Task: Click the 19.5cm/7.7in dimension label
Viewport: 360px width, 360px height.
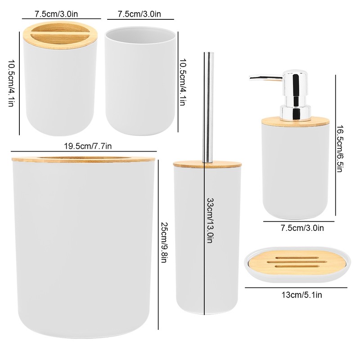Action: tap(88, 146)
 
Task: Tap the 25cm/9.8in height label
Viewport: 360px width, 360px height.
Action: tap(164, 242)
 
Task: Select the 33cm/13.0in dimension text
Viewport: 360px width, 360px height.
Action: tap(210, 220)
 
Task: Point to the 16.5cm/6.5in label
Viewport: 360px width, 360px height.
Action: tap(340, 148)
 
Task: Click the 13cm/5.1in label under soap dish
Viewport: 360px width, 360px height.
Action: tap(301, 295)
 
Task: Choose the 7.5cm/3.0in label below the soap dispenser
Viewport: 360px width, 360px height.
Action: tap(302, 228)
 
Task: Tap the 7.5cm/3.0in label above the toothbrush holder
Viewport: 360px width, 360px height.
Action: tap(56, 14)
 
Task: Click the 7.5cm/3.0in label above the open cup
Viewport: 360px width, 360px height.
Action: tap(139, 14)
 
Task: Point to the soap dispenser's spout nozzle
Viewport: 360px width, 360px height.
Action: tap(252, 77)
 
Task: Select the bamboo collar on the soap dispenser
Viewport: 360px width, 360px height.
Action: tap(296, 121)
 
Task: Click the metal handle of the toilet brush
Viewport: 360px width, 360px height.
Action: tap(209, 108)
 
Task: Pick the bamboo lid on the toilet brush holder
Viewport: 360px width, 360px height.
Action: tap(207, 164)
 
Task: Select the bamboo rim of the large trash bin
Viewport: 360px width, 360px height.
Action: tap(84, 159)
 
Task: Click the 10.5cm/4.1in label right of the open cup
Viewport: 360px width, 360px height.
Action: tap(182, 82)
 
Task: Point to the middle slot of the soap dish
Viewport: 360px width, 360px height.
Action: tap(297, 262)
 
